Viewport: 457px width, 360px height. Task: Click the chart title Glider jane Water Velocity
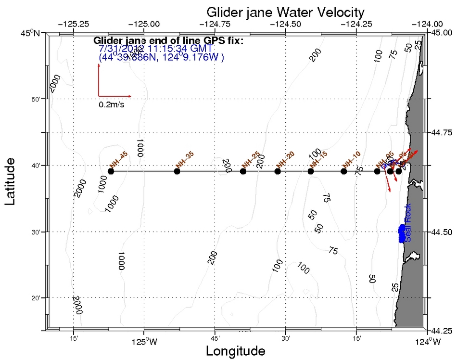pos(285,12)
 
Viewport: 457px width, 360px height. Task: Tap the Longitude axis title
pos(236,351)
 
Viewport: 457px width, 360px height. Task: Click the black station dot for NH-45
pos(111,171)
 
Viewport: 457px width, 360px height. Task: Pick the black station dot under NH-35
pos(177,171)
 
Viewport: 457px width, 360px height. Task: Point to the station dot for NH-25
pos(243,171)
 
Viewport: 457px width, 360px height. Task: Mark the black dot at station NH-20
pos(277,171)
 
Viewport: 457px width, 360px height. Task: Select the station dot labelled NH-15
pos(310,171)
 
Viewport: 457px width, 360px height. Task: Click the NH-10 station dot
pos(343,171)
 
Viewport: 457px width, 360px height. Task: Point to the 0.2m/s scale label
pos(112,104)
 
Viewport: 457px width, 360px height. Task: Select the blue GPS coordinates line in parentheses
pos(161,57)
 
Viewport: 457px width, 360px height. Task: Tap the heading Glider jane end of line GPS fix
pos(168,40)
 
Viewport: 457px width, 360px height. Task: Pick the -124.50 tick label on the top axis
pos(286,24)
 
